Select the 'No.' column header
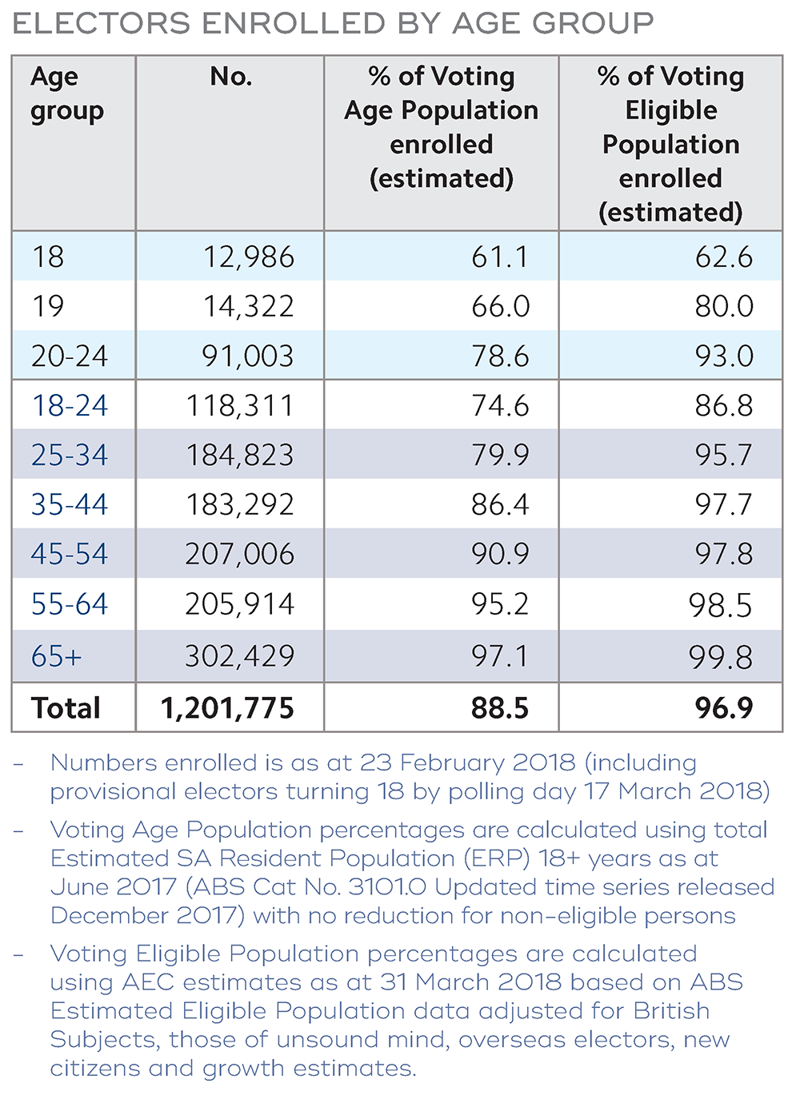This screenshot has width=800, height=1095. point(231,77)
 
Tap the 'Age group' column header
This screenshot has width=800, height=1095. point(66,94)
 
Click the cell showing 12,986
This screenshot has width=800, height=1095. point(248,257)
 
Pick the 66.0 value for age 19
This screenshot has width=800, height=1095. point(500,307)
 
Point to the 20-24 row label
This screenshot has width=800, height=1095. point(70,356)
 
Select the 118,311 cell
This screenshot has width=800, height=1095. point(240,406)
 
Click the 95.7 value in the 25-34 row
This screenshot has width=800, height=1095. point(723,456)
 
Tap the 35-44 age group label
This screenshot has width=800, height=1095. point(70,505)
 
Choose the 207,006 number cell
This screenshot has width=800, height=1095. point(240,555)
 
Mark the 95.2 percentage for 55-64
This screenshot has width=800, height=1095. point(500,604)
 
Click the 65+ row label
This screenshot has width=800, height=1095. point(57,657)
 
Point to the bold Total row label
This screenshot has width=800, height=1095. point(66,708)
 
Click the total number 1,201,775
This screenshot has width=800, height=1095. point(228,708)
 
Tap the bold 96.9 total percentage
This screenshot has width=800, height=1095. point(724,708)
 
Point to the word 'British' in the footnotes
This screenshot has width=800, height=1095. point(671,1011)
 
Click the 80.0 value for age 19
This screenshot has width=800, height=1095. point(723,307)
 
